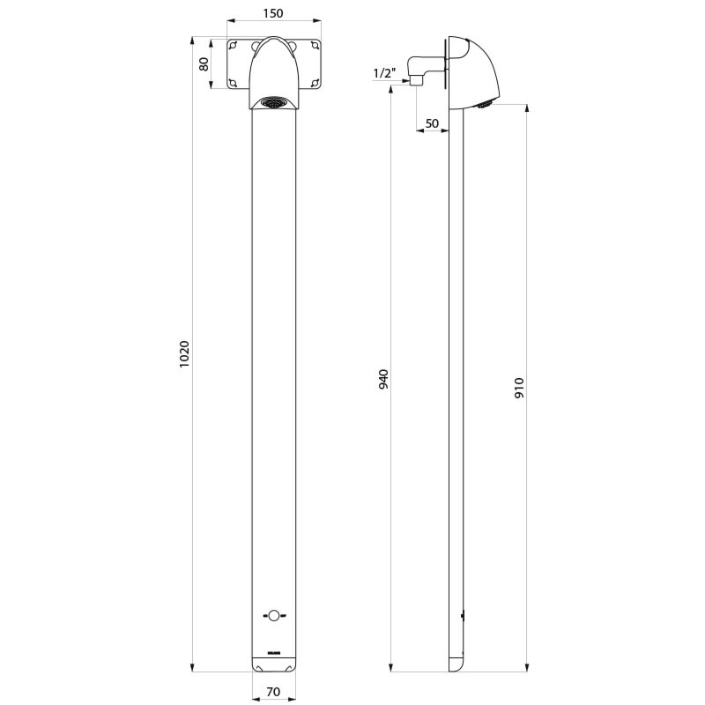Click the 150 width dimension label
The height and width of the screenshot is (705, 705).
tap(273, 13)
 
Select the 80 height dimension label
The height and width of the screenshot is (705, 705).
tap(204, 63)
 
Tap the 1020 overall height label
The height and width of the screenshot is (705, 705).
tap(185, 354)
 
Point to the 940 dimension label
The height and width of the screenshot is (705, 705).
tap(383, 379)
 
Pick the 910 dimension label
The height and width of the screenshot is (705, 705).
tap(519, 388)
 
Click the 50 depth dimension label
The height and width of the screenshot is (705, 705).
tap(432, 123)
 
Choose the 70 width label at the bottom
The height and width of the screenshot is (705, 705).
tap(273, 692)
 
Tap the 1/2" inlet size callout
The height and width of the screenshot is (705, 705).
tap(383, 73)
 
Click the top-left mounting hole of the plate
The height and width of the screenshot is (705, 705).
tap(233, 45)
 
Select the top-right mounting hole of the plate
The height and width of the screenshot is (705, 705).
tap(315, 45)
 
